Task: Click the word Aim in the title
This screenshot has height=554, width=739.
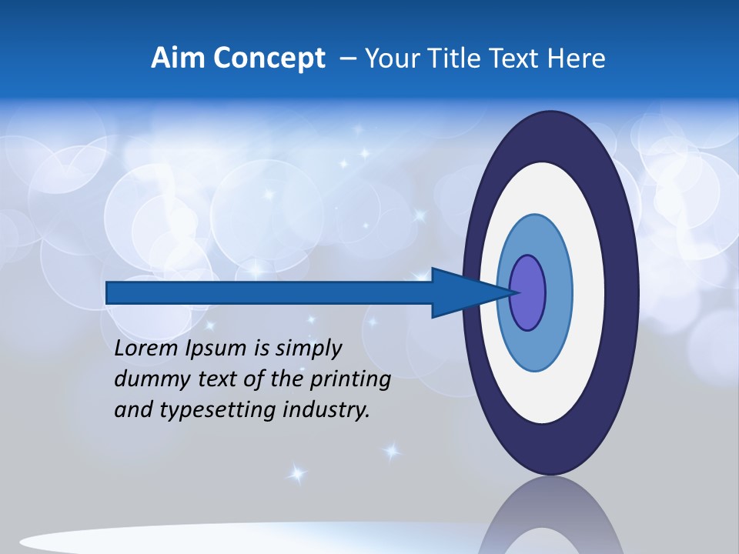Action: (x=179, y=58)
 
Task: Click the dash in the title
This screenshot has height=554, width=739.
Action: (x=346, y=59)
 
